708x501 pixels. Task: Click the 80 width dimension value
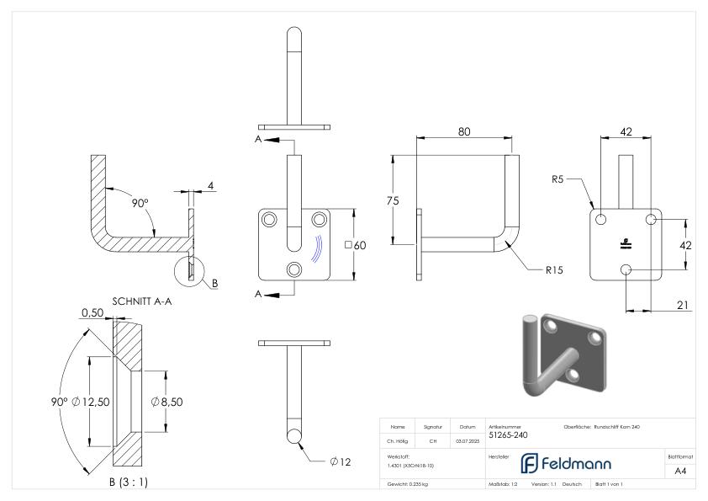tap(464, 132)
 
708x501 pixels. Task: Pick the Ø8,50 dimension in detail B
tap(166, 402)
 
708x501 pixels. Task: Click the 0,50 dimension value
tap(92, 312)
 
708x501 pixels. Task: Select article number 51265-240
tap(510, 435)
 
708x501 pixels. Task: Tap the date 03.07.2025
tap(468, 440)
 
